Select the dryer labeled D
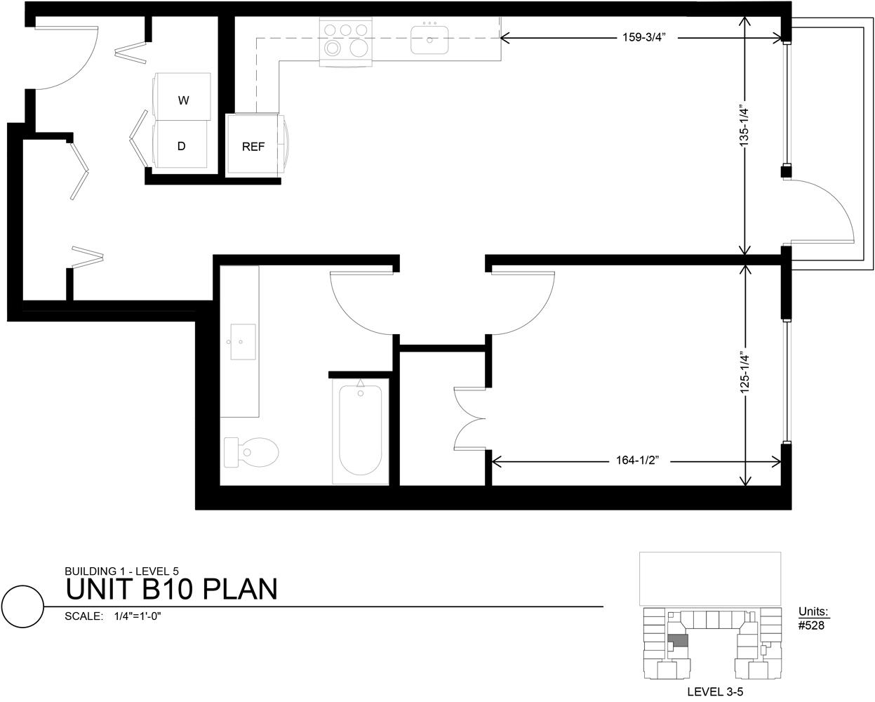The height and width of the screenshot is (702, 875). click(x=181, y=145)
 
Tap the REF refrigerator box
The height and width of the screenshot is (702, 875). click(x=253, y=146)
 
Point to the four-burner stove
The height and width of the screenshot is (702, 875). click(x=345, y=41)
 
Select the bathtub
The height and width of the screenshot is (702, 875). click(x=360, y=431)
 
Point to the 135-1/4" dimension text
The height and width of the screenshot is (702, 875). click(x=745, y=125)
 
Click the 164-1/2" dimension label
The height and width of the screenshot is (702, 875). click(x=636, y=461)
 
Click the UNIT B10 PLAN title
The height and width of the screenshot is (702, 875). click(x=172, y=589)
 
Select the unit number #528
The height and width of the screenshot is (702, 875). click(x=812, y=625)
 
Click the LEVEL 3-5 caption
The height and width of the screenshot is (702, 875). click(x=715, y=691)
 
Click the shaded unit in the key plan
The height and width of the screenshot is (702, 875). click(x=677, y=641)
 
